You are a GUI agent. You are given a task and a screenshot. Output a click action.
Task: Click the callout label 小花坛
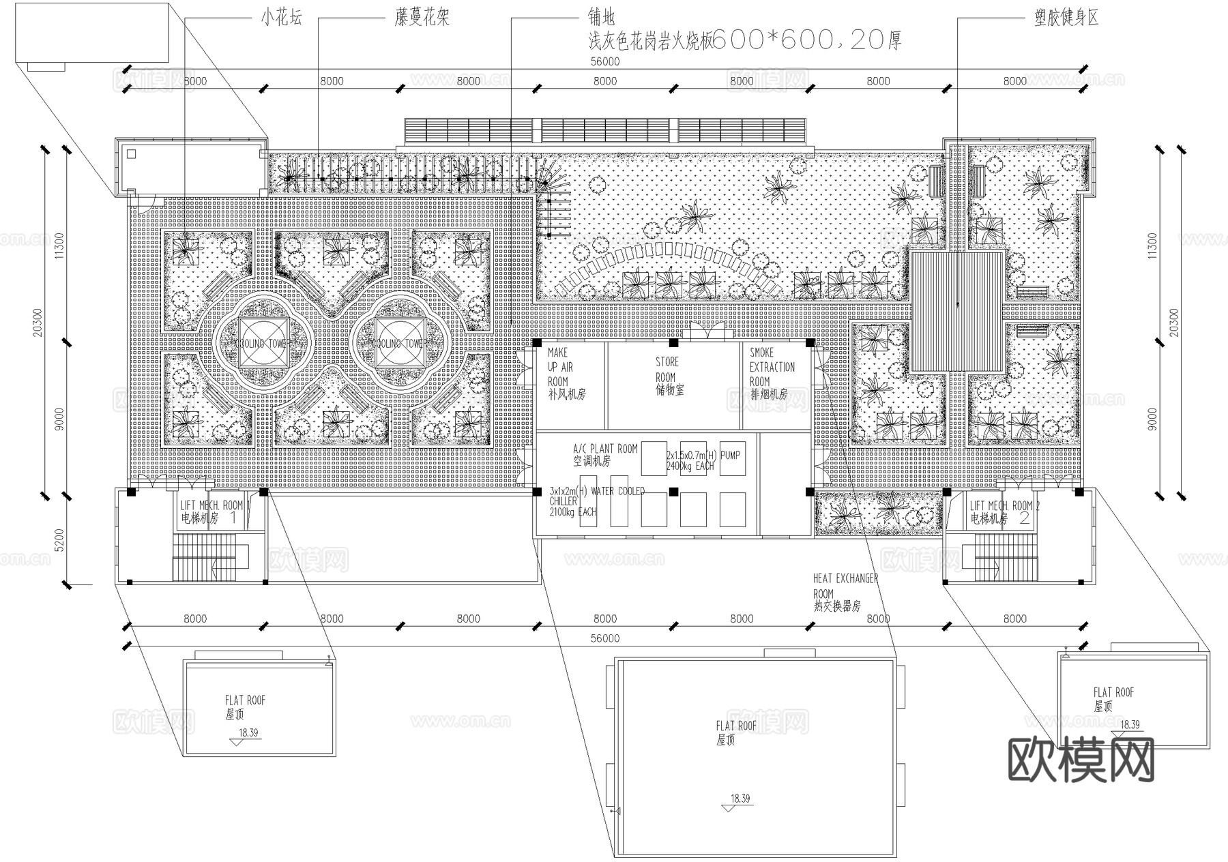pos(280,18)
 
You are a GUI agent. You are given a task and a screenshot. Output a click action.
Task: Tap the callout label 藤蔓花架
pos(422,18)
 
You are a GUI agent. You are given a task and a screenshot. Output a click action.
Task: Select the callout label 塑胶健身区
pos(1066,18)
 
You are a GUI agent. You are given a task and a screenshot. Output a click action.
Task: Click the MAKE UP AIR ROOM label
pos(566,374)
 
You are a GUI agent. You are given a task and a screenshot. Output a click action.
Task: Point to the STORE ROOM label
pos(668,376)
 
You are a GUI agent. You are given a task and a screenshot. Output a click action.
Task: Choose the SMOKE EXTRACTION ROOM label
pos(772,374)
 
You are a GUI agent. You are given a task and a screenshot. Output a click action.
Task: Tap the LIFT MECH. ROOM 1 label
pos(211,511)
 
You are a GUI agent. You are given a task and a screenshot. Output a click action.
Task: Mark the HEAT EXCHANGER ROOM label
pos(845,591)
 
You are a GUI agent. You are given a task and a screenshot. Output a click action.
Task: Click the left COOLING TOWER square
pos(263,344)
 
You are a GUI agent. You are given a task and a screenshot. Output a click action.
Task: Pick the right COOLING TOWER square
pos(399,344)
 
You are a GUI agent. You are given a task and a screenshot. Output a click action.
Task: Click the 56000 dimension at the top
pos(604,61)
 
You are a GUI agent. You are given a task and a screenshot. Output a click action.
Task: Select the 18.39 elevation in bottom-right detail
pos(1130,724)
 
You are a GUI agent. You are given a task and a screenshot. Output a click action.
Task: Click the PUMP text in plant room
pos(730,455)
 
